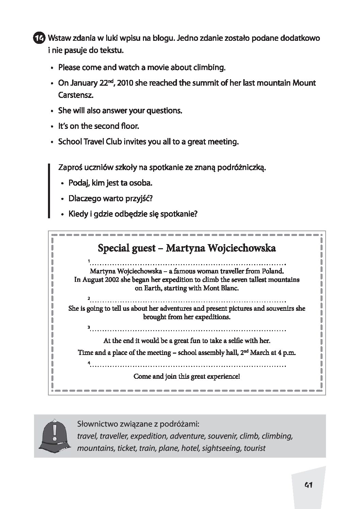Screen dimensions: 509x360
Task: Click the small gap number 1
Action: tap(88, 261)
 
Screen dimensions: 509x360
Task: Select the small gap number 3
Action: tap(88, 327)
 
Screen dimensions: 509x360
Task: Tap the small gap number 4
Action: tap(88, 363)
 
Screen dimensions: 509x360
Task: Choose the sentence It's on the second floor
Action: tap(99, 126)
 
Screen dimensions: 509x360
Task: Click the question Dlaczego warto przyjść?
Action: tap(111, 199)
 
